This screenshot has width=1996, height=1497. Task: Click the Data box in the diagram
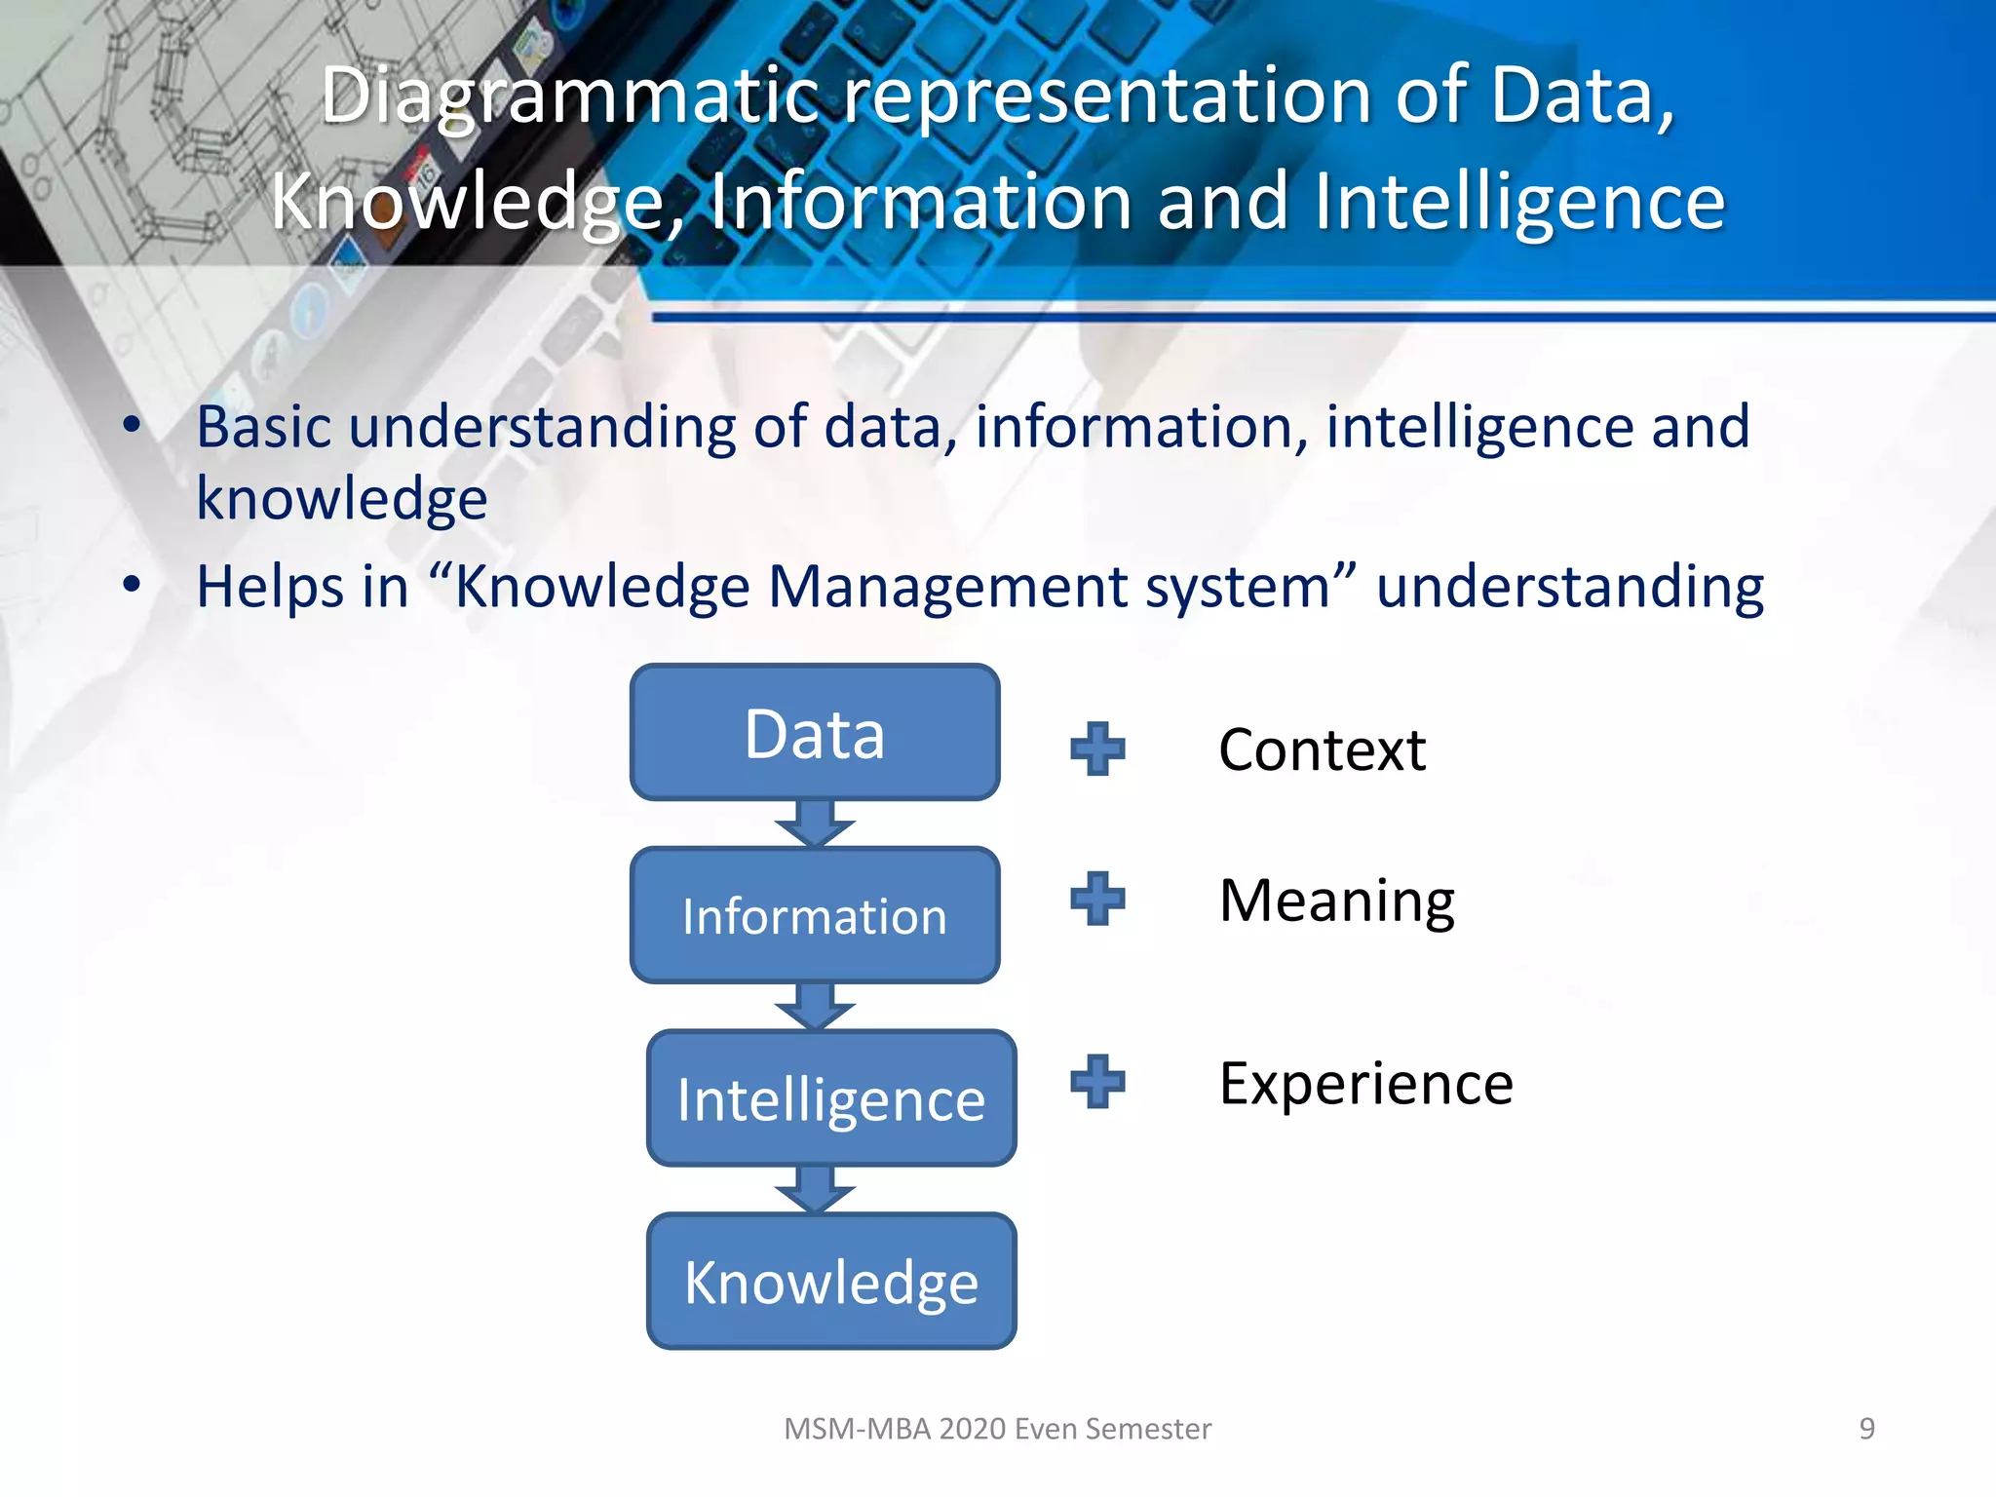(x=815, y=733)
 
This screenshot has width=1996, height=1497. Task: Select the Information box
(x=815, y=915)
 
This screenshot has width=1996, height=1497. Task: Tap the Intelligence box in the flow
(x=831, y=1098)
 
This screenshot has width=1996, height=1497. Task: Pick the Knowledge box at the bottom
(x=831, y=1282)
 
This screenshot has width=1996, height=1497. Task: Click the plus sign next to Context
(x=1097, y=748)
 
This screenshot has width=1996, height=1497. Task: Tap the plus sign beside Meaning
(x=1097, y=899)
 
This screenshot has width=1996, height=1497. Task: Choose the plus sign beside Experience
(x=1097, y=1082)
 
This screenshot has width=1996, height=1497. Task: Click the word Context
(x=1322, y=749)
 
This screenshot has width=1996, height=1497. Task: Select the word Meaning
(x=1336, y=901)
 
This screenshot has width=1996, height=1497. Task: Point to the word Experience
(x=1365, y=1084)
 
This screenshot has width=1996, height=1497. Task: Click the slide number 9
(x=1866, y=1429)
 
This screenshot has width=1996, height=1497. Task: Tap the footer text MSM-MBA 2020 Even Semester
(x=997, y=1429)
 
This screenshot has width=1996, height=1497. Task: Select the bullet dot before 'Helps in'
(x=133, y=586)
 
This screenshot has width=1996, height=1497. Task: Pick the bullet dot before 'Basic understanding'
(x=133, y=426)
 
